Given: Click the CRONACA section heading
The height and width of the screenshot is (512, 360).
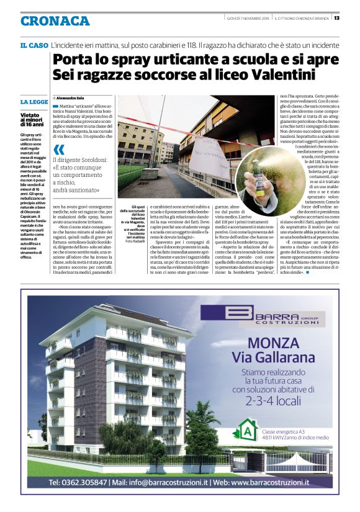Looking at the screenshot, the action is [x=55, y=20].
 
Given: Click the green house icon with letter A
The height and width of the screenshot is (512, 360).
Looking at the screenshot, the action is [x=248, y=429].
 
